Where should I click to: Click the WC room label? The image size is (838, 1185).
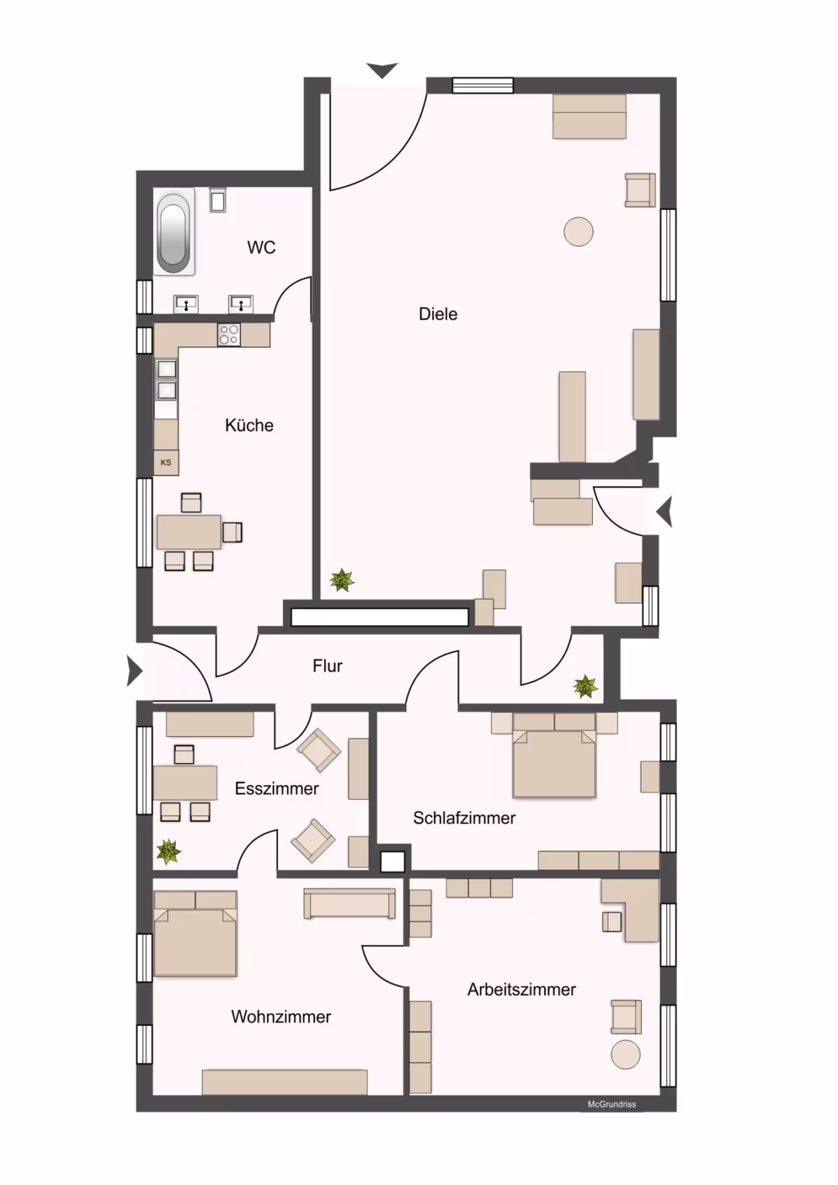261,247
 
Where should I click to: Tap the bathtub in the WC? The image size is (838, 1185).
174,232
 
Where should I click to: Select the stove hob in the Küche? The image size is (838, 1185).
228,335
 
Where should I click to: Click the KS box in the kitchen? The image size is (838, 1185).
166,463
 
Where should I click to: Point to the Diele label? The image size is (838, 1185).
438,314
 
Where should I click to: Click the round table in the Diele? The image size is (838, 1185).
578,232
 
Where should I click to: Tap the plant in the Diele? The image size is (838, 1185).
342,581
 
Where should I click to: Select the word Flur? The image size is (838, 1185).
327,666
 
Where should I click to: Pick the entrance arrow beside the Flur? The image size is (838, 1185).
134,672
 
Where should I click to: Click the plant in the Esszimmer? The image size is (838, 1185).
169,852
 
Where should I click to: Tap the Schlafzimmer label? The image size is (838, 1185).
464,818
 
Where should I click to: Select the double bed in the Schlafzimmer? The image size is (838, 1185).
554,755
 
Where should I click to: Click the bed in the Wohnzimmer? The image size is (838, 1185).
196,933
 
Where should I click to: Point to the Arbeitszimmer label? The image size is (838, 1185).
522,990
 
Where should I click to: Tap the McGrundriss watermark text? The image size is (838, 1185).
612,1104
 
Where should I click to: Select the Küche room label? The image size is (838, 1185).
249,425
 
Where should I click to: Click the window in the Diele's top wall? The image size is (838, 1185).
483,85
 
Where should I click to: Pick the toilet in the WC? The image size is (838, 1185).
218,200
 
